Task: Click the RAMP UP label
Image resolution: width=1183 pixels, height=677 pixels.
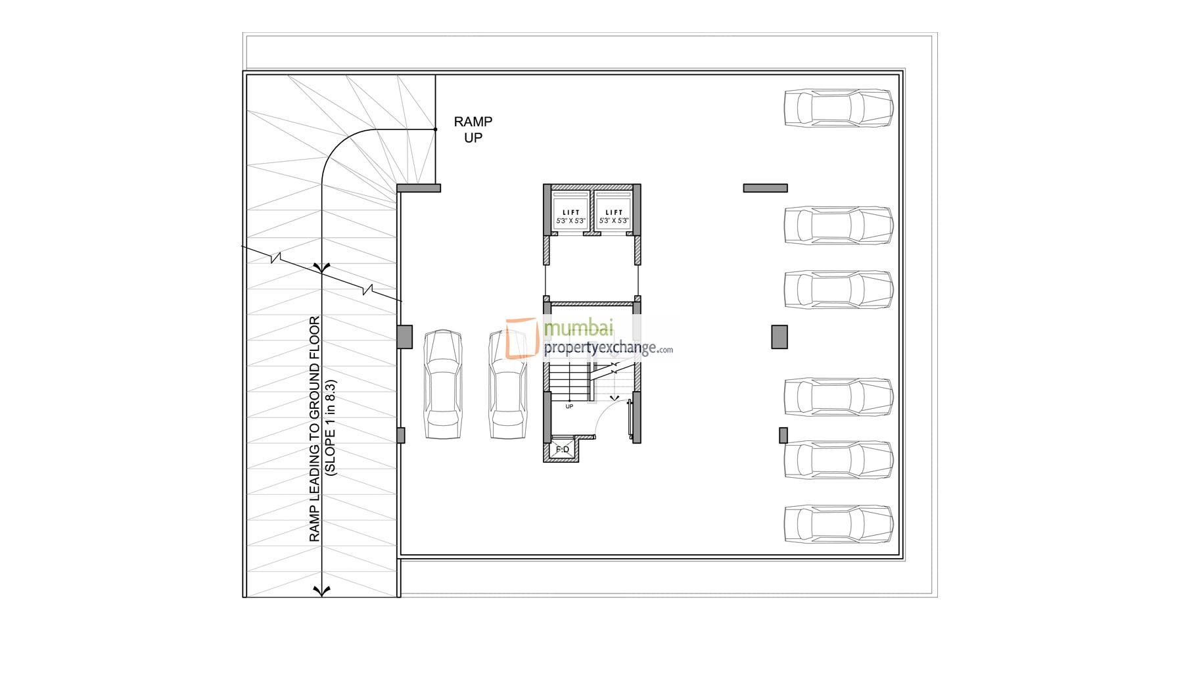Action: pos(473,129)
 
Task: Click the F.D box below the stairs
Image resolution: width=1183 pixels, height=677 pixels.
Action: pos(563,450)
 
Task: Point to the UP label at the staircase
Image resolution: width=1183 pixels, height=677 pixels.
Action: pos(569,406)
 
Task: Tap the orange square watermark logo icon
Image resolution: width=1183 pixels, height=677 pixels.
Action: pos(522,338)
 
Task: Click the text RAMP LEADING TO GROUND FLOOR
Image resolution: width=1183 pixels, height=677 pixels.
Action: pos(315,429)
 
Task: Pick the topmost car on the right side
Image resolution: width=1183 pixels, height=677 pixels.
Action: pos(838,108)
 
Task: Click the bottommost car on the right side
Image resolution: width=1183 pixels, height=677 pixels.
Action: pos(838,524)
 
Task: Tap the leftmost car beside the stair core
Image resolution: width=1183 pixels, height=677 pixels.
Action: pos(442,385)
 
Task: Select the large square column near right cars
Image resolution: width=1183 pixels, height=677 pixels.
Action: pos(779,337)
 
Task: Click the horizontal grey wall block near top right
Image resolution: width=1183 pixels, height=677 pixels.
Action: pos(765,188)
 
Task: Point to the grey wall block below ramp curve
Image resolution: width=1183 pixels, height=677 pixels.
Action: pos(419,188)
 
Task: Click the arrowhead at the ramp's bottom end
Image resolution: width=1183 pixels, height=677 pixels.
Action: pos(321,591)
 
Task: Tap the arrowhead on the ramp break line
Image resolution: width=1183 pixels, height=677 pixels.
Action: pos(321,267)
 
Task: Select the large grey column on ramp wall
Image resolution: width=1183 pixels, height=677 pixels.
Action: pos(405,337)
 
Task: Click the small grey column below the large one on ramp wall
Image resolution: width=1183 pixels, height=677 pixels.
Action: pos(401,435)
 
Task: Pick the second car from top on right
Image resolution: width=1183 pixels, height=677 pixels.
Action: pos(838,225)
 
